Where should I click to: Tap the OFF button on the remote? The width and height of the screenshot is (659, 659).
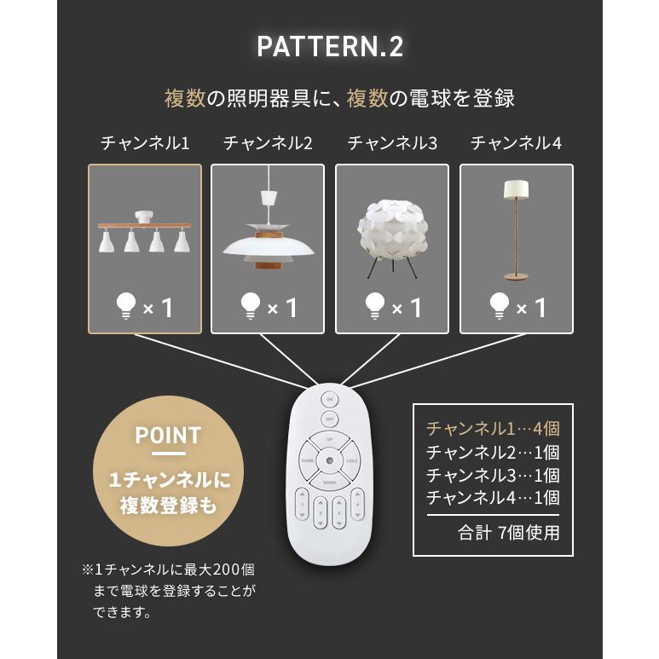(x=329, y=419)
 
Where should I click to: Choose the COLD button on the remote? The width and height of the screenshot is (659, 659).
(x=351, y=462)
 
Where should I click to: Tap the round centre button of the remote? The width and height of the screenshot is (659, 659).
(x=329, y=462)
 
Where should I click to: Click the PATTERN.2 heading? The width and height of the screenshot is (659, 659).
(x=330, y=47)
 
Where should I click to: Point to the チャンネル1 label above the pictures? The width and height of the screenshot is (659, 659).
(x=145, y=143)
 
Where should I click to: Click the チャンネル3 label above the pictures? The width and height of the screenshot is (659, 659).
(x=392, y=143)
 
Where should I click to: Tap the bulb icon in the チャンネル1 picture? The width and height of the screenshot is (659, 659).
(x=125, y=304)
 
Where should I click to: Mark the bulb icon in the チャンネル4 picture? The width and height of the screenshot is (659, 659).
(x=499, y=304)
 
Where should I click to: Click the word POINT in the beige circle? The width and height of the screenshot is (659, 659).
(x=168, y=436)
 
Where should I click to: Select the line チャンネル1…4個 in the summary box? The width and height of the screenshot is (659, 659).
(x=492, y=428)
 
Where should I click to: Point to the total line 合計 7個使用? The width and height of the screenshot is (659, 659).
(x=508, y=534)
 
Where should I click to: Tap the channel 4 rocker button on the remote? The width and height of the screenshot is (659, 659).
(x=360, y=508)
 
